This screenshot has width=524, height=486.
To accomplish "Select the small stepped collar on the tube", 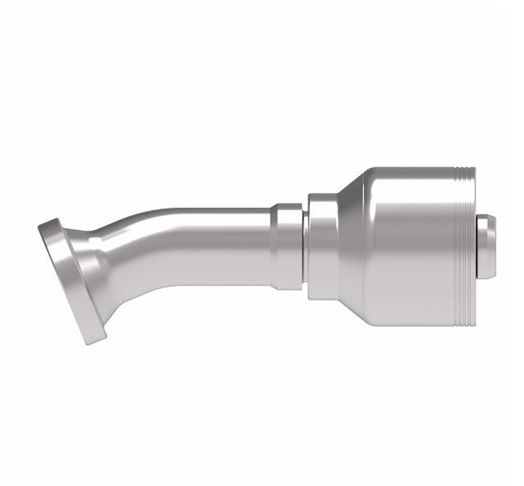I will pyautogui.click(x=288, y=246).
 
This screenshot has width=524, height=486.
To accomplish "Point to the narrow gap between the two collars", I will pyautogui.click(x=305, y=246).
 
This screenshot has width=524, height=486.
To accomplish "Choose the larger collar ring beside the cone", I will pyautogui.click(x=321, y=246).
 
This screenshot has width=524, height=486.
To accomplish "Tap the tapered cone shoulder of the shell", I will pyautogui.click(x=349, y=246).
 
